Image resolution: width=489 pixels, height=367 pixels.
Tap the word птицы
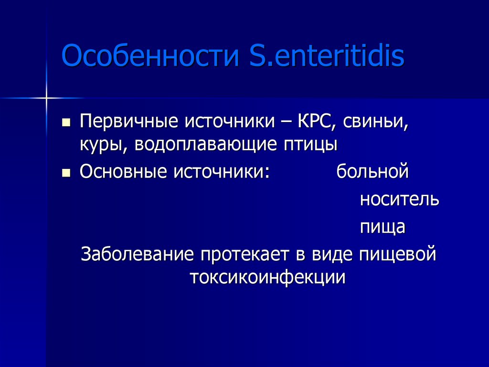click(x=311, y=145)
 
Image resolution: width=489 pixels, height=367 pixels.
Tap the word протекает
click(x=244, y=254)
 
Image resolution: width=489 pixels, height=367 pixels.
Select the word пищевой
click(x=395, y=254)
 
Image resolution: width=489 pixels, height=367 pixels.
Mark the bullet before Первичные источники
click(x=66, y=122)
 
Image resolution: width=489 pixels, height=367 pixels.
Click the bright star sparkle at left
click(x=46, y=98)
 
